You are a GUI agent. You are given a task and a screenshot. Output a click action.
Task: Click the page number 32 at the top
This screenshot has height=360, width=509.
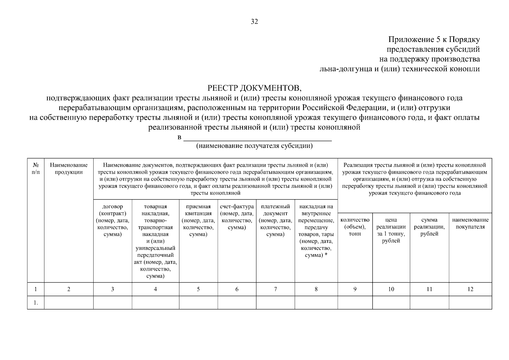[254, 22]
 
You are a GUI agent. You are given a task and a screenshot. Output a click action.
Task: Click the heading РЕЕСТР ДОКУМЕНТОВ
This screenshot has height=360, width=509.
[254, 88]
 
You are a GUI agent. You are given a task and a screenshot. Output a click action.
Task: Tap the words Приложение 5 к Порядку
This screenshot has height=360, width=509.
[434, 40]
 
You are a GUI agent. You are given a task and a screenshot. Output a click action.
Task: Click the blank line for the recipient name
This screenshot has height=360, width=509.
[257, 139]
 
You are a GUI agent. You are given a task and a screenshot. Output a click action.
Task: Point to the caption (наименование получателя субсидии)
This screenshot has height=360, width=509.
[254, 146]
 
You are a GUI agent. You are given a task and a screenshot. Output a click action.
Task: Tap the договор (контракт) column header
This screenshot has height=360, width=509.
[112, 220]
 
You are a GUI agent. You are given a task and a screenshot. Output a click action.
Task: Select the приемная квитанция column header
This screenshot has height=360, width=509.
[198, 220]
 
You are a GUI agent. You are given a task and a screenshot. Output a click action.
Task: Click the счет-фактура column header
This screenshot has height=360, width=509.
[237, 217]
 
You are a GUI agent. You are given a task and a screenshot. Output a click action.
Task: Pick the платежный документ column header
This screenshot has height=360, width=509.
[275, 220]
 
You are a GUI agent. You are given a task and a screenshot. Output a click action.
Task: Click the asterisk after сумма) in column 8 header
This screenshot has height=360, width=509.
[326, 255]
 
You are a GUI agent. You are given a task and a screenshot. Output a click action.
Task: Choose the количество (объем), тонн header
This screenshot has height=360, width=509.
[355, 227]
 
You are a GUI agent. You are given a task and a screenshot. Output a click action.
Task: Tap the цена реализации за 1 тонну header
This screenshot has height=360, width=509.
[391, 230]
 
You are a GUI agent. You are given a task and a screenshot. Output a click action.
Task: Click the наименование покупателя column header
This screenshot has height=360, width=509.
[470, 223]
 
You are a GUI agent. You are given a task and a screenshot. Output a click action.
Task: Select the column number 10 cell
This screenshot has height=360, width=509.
[391, 289]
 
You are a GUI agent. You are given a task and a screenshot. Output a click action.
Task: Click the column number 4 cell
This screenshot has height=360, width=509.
[155, 289]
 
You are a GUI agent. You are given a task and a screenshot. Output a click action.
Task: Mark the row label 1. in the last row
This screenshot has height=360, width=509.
[36, 303]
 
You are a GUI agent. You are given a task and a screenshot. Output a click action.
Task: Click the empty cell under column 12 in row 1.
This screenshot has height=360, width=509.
[470, 303]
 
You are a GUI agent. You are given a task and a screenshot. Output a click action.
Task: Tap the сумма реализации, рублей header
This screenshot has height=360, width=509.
[429, 227]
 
